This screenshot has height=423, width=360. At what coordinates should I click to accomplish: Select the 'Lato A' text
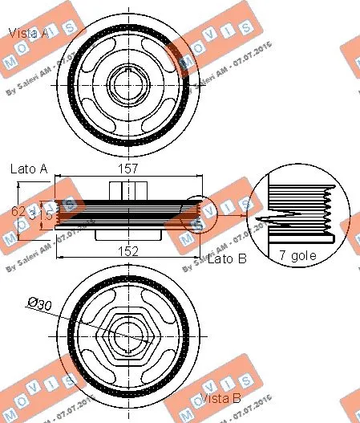(30, 169)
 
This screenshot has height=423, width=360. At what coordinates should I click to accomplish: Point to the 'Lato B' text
(227, 259)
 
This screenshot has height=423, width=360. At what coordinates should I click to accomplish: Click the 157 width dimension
(128, 169)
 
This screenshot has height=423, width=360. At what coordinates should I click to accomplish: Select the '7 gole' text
(298, 256)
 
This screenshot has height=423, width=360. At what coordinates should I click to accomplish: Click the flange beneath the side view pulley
(128, 236)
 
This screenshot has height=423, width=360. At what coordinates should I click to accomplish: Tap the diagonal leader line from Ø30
(80, 317)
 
